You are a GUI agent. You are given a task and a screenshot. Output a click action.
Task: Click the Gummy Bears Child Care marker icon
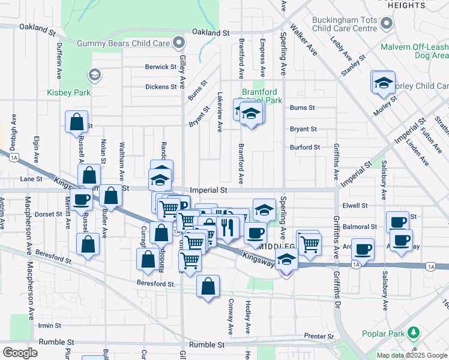pos(178,43)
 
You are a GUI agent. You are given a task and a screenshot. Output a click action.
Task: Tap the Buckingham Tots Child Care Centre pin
pos(387,24)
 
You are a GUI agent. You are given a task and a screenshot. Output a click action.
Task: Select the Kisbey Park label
pos(69,93)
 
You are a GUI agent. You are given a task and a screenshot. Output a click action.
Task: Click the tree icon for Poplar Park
pos(413,332)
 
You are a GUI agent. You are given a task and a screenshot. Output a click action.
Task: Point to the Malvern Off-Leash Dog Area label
pos(414,51)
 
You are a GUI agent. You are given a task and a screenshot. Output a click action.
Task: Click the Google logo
pos(20,352)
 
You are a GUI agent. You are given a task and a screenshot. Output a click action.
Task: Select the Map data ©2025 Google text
pos(411,355)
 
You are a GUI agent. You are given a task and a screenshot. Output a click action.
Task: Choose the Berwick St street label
pos(160,67)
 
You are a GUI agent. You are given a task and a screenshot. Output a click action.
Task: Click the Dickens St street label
pos(161,86)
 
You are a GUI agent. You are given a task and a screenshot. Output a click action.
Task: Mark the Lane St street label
pos(31,179)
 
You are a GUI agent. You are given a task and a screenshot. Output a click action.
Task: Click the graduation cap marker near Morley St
pos(384,84)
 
